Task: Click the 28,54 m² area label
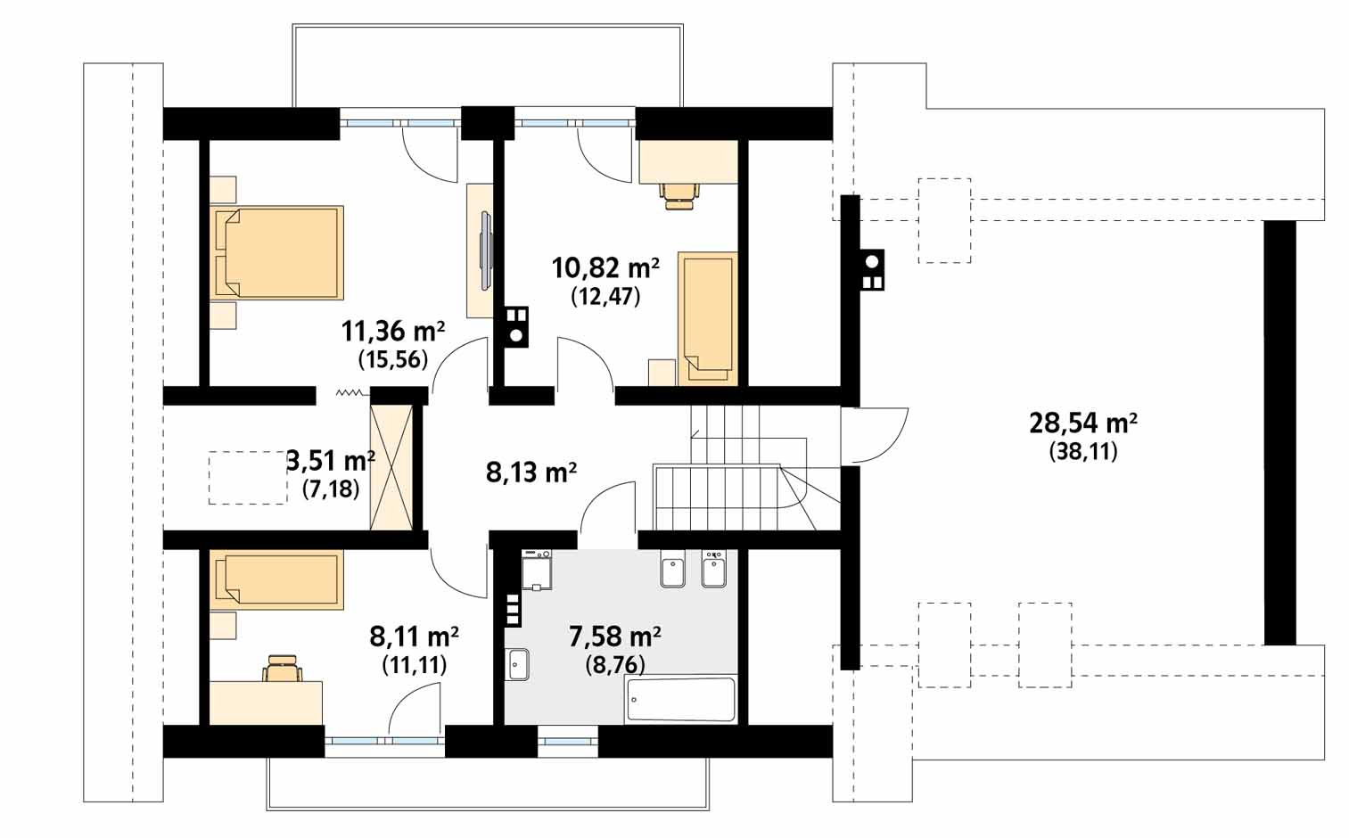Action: (1082, 423)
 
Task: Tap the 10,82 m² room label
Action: (605, 268)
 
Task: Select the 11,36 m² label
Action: (393, 331)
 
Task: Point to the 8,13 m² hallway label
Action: (531, 472)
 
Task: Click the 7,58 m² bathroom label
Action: (615, 637)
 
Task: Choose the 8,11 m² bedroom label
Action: (415, 637)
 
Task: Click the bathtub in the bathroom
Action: (681, 700)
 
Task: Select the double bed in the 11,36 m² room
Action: (276, 253)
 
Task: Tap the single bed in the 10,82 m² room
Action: (708, 318)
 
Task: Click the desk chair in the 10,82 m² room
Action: (681, 195)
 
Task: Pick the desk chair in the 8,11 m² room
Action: (282, 668)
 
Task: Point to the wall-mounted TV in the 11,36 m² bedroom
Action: (485, 251)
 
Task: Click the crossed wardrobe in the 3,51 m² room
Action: (391, 468)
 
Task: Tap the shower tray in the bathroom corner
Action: (537, 571)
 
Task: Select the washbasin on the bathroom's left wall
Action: (517, 664)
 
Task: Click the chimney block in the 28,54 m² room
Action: (872, 270)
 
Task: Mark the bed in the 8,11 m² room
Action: (276, 579)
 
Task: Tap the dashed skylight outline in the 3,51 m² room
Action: (248, 478)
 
